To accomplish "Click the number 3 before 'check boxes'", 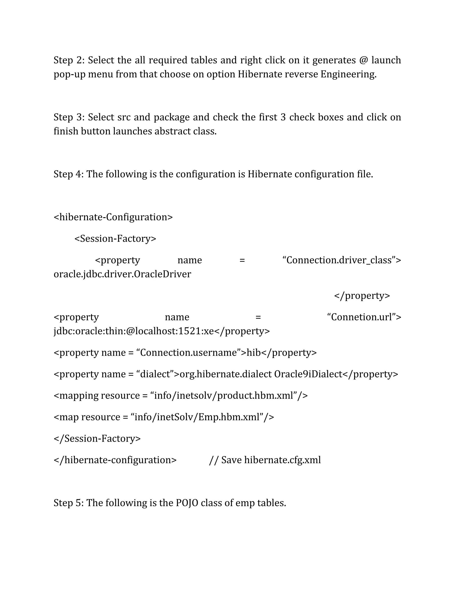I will [x=283, y=117].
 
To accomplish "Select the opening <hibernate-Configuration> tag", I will [x=113, y=217].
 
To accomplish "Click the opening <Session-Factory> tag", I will [x=115, y=239].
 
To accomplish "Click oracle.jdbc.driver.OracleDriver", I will [x=122, y=274].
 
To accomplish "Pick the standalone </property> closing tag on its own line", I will [x=362, y=296].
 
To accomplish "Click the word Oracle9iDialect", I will [x=308, y=374].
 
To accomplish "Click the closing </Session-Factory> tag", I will [x=97, y=439].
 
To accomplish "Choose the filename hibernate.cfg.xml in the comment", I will [x=283, y=460].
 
